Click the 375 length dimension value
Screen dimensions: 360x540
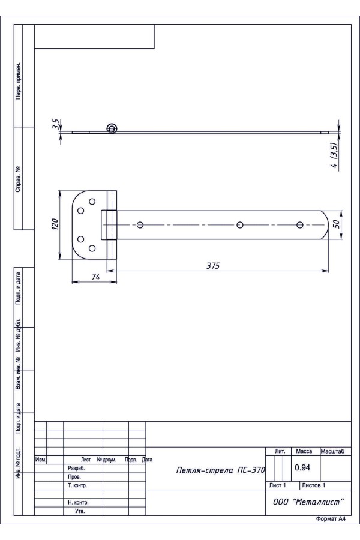(213, 266)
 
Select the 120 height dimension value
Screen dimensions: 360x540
(55, 224)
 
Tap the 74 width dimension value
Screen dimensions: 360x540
(96, 277)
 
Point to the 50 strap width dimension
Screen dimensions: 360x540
(337, 224)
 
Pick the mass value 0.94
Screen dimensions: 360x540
(302, 467)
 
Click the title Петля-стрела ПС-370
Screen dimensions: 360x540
(220, 470)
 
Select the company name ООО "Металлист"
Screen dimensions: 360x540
(308, 502)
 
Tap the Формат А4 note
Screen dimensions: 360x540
(331, 519)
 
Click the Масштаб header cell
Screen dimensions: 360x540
(332, 451)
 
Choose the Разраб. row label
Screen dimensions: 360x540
(76, 469)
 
